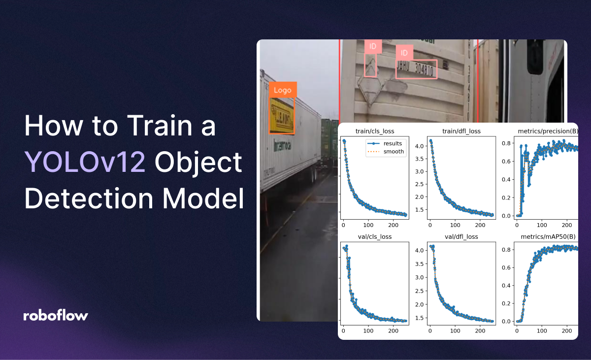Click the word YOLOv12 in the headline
[85, 163]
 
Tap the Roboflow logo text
[56, 316]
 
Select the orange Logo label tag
[283, 90]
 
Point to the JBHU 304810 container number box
[416, 69]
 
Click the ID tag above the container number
[404, 53]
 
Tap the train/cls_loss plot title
[374, 131]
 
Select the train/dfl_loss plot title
[461, 131]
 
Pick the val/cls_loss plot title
[374, 236]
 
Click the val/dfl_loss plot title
[461, 236]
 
